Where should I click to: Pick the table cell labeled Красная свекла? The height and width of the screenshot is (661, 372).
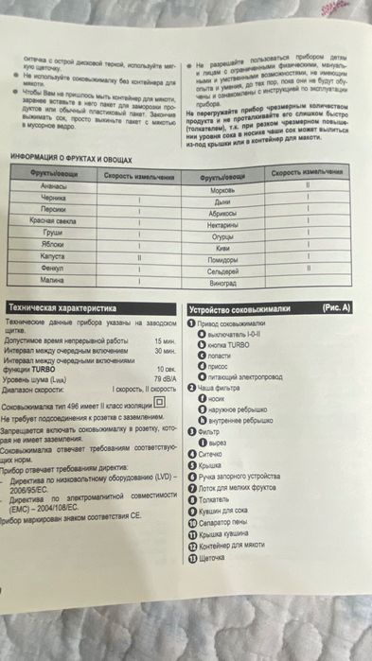tap(60, 219)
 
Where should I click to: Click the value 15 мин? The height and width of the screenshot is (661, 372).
tap(165, 339)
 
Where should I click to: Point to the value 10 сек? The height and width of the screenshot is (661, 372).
tap(167, 369)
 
